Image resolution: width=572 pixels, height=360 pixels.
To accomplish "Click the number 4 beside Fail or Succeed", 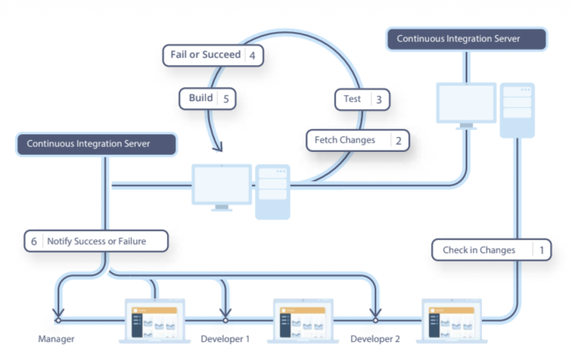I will click(252, 55).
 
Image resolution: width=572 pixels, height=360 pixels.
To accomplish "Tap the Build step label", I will click(201, 98).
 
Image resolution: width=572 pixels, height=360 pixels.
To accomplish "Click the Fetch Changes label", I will click(345, 140).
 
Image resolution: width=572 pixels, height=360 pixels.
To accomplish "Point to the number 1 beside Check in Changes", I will click(541, 250).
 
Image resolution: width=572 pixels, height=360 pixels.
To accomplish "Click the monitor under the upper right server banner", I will click(466, 104).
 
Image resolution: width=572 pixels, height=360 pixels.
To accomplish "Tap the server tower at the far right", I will click(517, 110).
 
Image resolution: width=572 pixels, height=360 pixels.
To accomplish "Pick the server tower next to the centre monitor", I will click(273, 191).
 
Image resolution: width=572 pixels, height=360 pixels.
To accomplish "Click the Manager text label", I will click(56, 339).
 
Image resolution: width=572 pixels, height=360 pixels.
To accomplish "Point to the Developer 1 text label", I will click(225, 339).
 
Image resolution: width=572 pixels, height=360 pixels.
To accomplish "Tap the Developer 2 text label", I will click(375, 339).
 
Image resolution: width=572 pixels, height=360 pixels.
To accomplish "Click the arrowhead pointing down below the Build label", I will click(217, 147).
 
